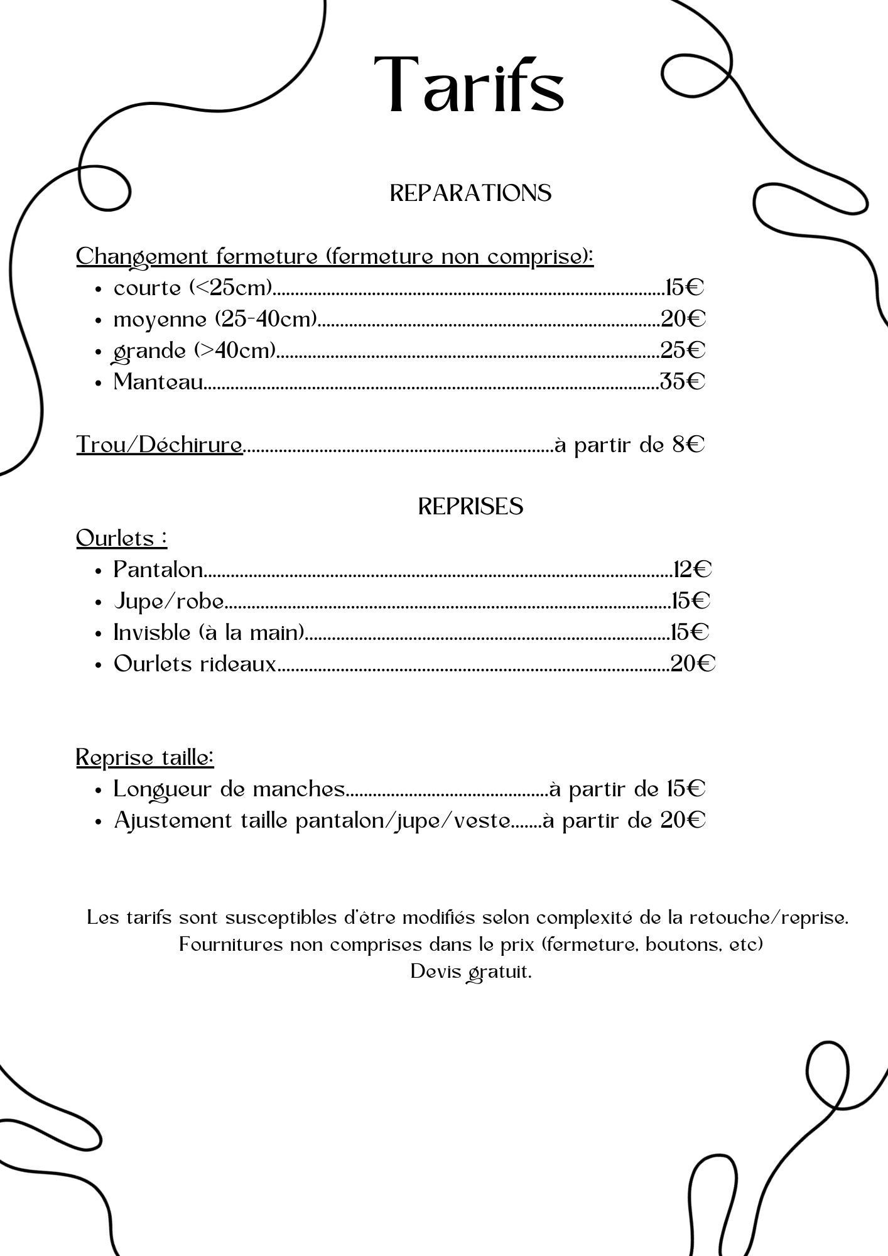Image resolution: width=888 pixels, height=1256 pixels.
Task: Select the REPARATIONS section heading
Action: point(470,193)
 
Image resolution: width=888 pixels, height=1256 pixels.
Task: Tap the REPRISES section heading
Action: point(470,506)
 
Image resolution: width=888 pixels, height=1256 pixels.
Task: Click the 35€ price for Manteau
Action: point(682,381)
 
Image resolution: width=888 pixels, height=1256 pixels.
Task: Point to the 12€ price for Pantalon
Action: point(692,570)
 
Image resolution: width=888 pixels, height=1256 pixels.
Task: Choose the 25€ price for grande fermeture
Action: point(683,350)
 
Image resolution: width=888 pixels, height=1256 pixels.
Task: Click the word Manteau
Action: point(158,382)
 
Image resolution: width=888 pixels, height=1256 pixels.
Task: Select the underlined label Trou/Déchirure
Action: point(160,445)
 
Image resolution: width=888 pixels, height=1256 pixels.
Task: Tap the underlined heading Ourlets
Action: point(121,538)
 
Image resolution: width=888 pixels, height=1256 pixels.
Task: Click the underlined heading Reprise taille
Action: point(145,757)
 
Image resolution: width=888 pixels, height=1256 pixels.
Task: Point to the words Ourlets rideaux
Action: point(195,664)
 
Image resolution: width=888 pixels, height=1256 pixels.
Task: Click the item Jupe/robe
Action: point(168,602)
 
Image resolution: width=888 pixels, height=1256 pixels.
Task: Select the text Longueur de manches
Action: point(229,789)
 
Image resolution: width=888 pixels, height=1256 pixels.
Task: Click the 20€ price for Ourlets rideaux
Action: point(693,664)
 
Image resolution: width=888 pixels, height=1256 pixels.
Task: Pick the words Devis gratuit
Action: point(470,972)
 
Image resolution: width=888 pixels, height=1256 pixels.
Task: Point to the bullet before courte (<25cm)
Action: point(99,289)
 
